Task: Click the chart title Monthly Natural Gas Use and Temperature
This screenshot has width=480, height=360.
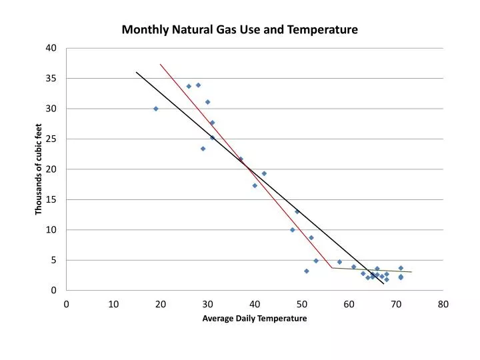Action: tap(239, 30)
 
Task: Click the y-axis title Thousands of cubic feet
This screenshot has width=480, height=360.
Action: tap(39, 169)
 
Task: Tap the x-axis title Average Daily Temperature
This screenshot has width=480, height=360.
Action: tap(255, 319)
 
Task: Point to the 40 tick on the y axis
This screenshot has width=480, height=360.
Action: tap(52, 48)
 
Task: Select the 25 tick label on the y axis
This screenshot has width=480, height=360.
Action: tap(52, 139)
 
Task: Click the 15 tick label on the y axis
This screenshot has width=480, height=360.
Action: tap(52, 199)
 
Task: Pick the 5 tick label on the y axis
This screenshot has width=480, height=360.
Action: tap(54, 260)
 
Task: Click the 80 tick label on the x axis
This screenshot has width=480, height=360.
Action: tap(443, 304)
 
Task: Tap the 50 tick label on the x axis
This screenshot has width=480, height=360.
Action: tap(302, 304)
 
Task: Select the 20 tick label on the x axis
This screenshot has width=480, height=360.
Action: tap(161, 304)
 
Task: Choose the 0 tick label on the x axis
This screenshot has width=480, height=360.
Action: tap(67, 304)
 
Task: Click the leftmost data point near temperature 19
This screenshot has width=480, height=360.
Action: tap(156, 109)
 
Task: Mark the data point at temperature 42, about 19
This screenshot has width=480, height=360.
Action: tap(264, 173)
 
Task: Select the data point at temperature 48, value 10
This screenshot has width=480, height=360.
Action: tap(293, 230)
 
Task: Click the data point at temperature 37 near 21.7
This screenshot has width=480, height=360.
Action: tap(241, 159)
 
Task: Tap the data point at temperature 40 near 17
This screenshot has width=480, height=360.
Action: tap(255, 185)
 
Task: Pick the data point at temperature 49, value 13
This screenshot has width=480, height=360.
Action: tap(297, 211)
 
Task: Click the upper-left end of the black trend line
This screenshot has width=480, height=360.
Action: tap(137, 72)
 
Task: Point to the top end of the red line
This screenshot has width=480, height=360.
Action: tap(161, 65)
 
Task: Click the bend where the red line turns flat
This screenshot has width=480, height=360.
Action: tap(332, 268)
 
